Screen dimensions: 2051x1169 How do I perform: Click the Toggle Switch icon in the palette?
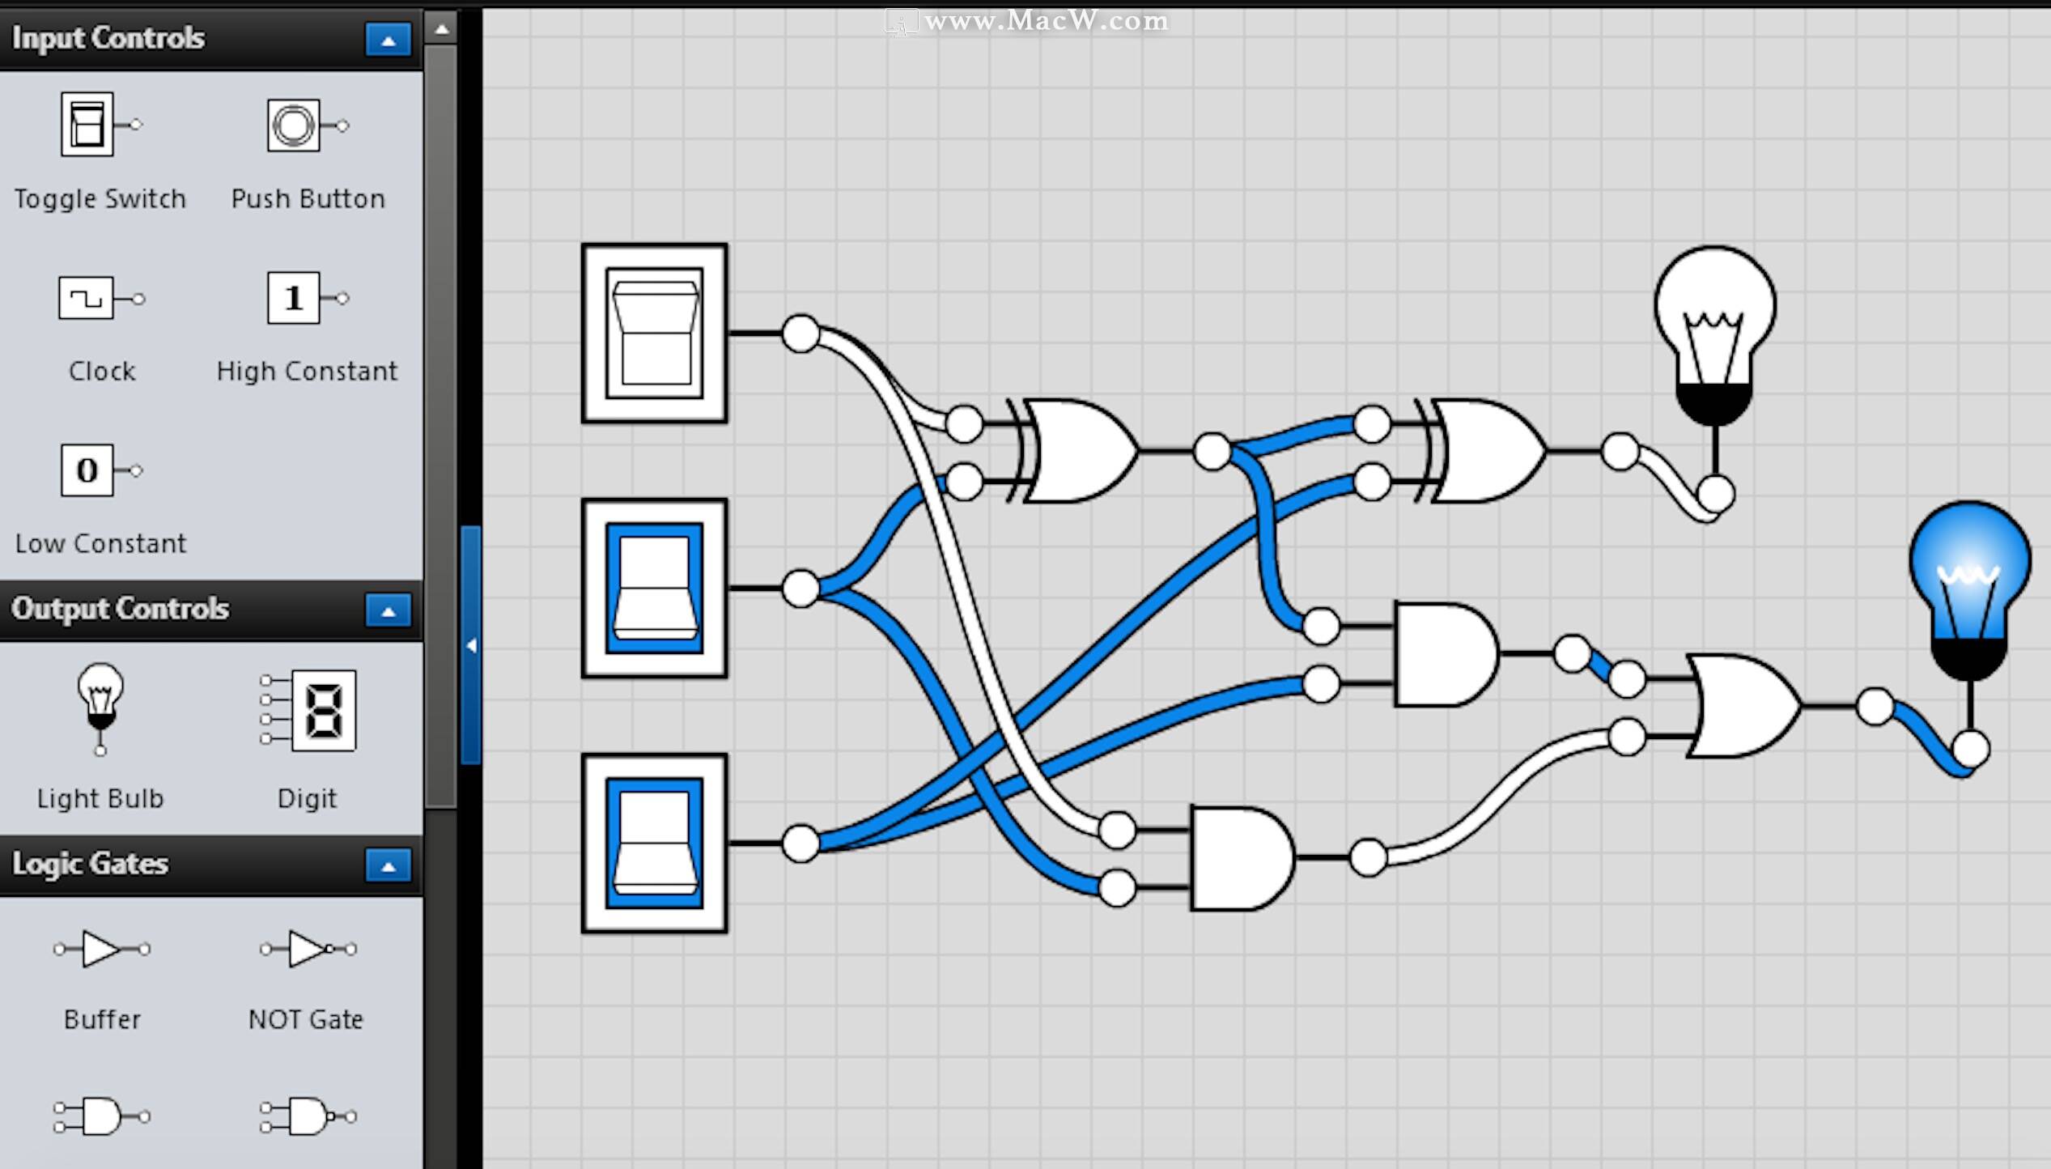pyautogui.click(x=100, y=124)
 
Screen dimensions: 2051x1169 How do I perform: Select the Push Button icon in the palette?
pyautogui.click(x=308, y=125)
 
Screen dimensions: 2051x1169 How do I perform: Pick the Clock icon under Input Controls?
pyautogui.click(x=102, y=298)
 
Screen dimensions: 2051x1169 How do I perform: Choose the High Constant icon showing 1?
pyautogui.click(x=308, y=298)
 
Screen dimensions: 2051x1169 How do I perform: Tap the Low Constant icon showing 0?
pyautogui.click(x=101, y=470)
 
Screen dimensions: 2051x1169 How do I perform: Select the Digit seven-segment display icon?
pyautogui.click(x=308, y=710)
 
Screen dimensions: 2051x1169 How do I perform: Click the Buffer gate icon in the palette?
pyautogui.click(x=102, y=949)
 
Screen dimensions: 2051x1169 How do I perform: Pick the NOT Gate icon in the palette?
pyautogui.click(x=308, y=949)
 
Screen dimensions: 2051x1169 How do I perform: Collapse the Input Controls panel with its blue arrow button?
pyautogui.click(x=388, y=39)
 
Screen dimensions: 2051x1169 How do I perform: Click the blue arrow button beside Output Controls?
pyautogui.click(x=388, y=610)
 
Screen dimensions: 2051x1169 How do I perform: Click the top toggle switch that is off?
pyautogui.click(x=654, y=333)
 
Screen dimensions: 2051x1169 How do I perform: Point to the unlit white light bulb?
pyautogui.click(x=1714, y=336)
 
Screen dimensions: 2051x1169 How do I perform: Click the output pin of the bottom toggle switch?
pyautogui.click(x=800, y=843)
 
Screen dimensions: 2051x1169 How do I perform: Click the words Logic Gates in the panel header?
pyautogui.click(x=90, y=864)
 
